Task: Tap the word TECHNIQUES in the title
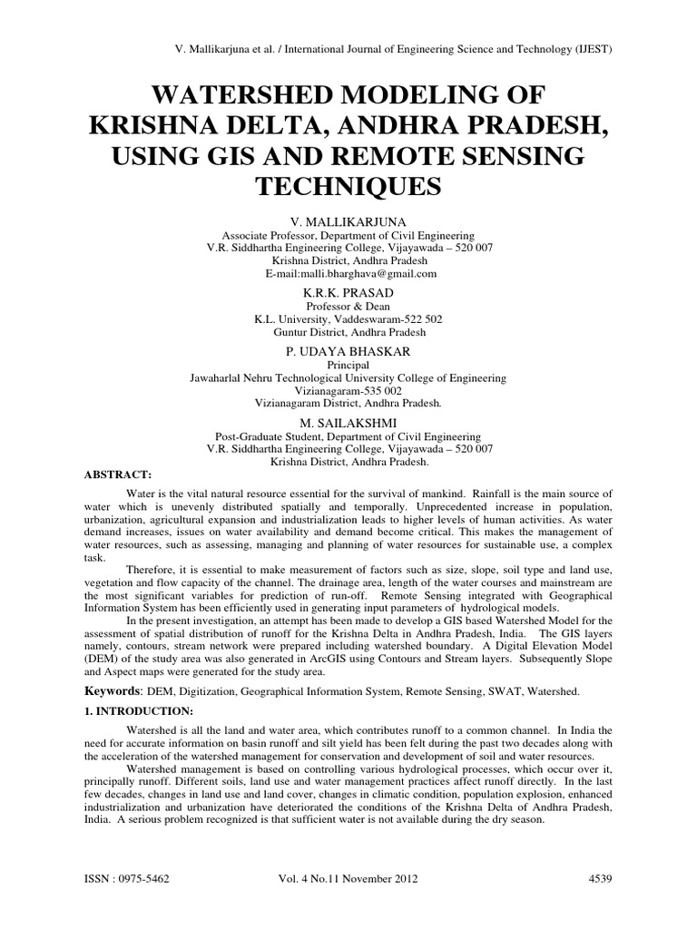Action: click(x=348, y=187)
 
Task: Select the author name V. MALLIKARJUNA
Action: click(x=349, y=221)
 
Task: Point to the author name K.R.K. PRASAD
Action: click(x=349, y=294)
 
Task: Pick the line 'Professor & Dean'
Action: click(x=349, y=308)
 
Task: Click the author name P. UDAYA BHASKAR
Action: click(x=349, y=350)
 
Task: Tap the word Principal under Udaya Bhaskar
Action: click(x=349, y=364)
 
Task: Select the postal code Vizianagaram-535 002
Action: click(x=349, y=390)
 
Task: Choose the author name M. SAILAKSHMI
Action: click(x=349, y=422)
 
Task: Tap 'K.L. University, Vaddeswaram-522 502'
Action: click(x=349, y=320)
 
